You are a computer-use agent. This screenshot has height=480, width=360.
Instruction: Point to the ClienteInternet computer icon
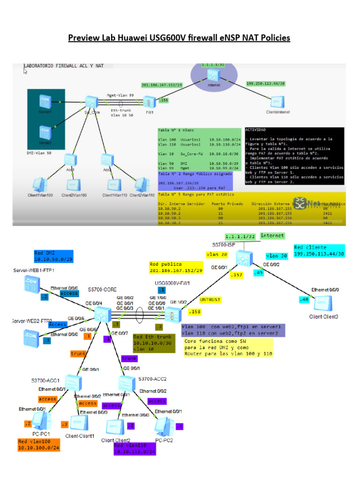point(277,102)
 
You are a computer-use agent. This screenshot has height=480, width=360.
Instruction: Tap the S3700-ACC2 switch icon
point(127,383)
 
